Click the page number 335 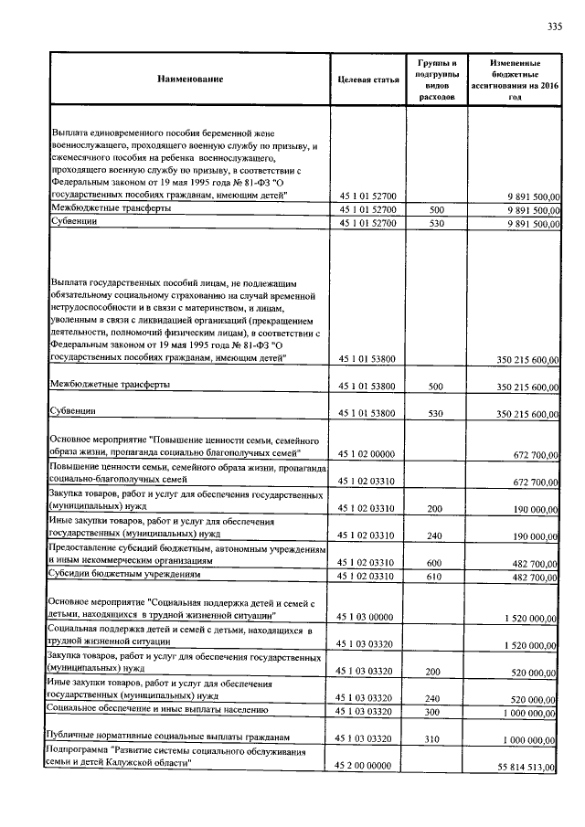click(554, 26)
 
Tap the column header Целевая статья click(368, 80)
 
